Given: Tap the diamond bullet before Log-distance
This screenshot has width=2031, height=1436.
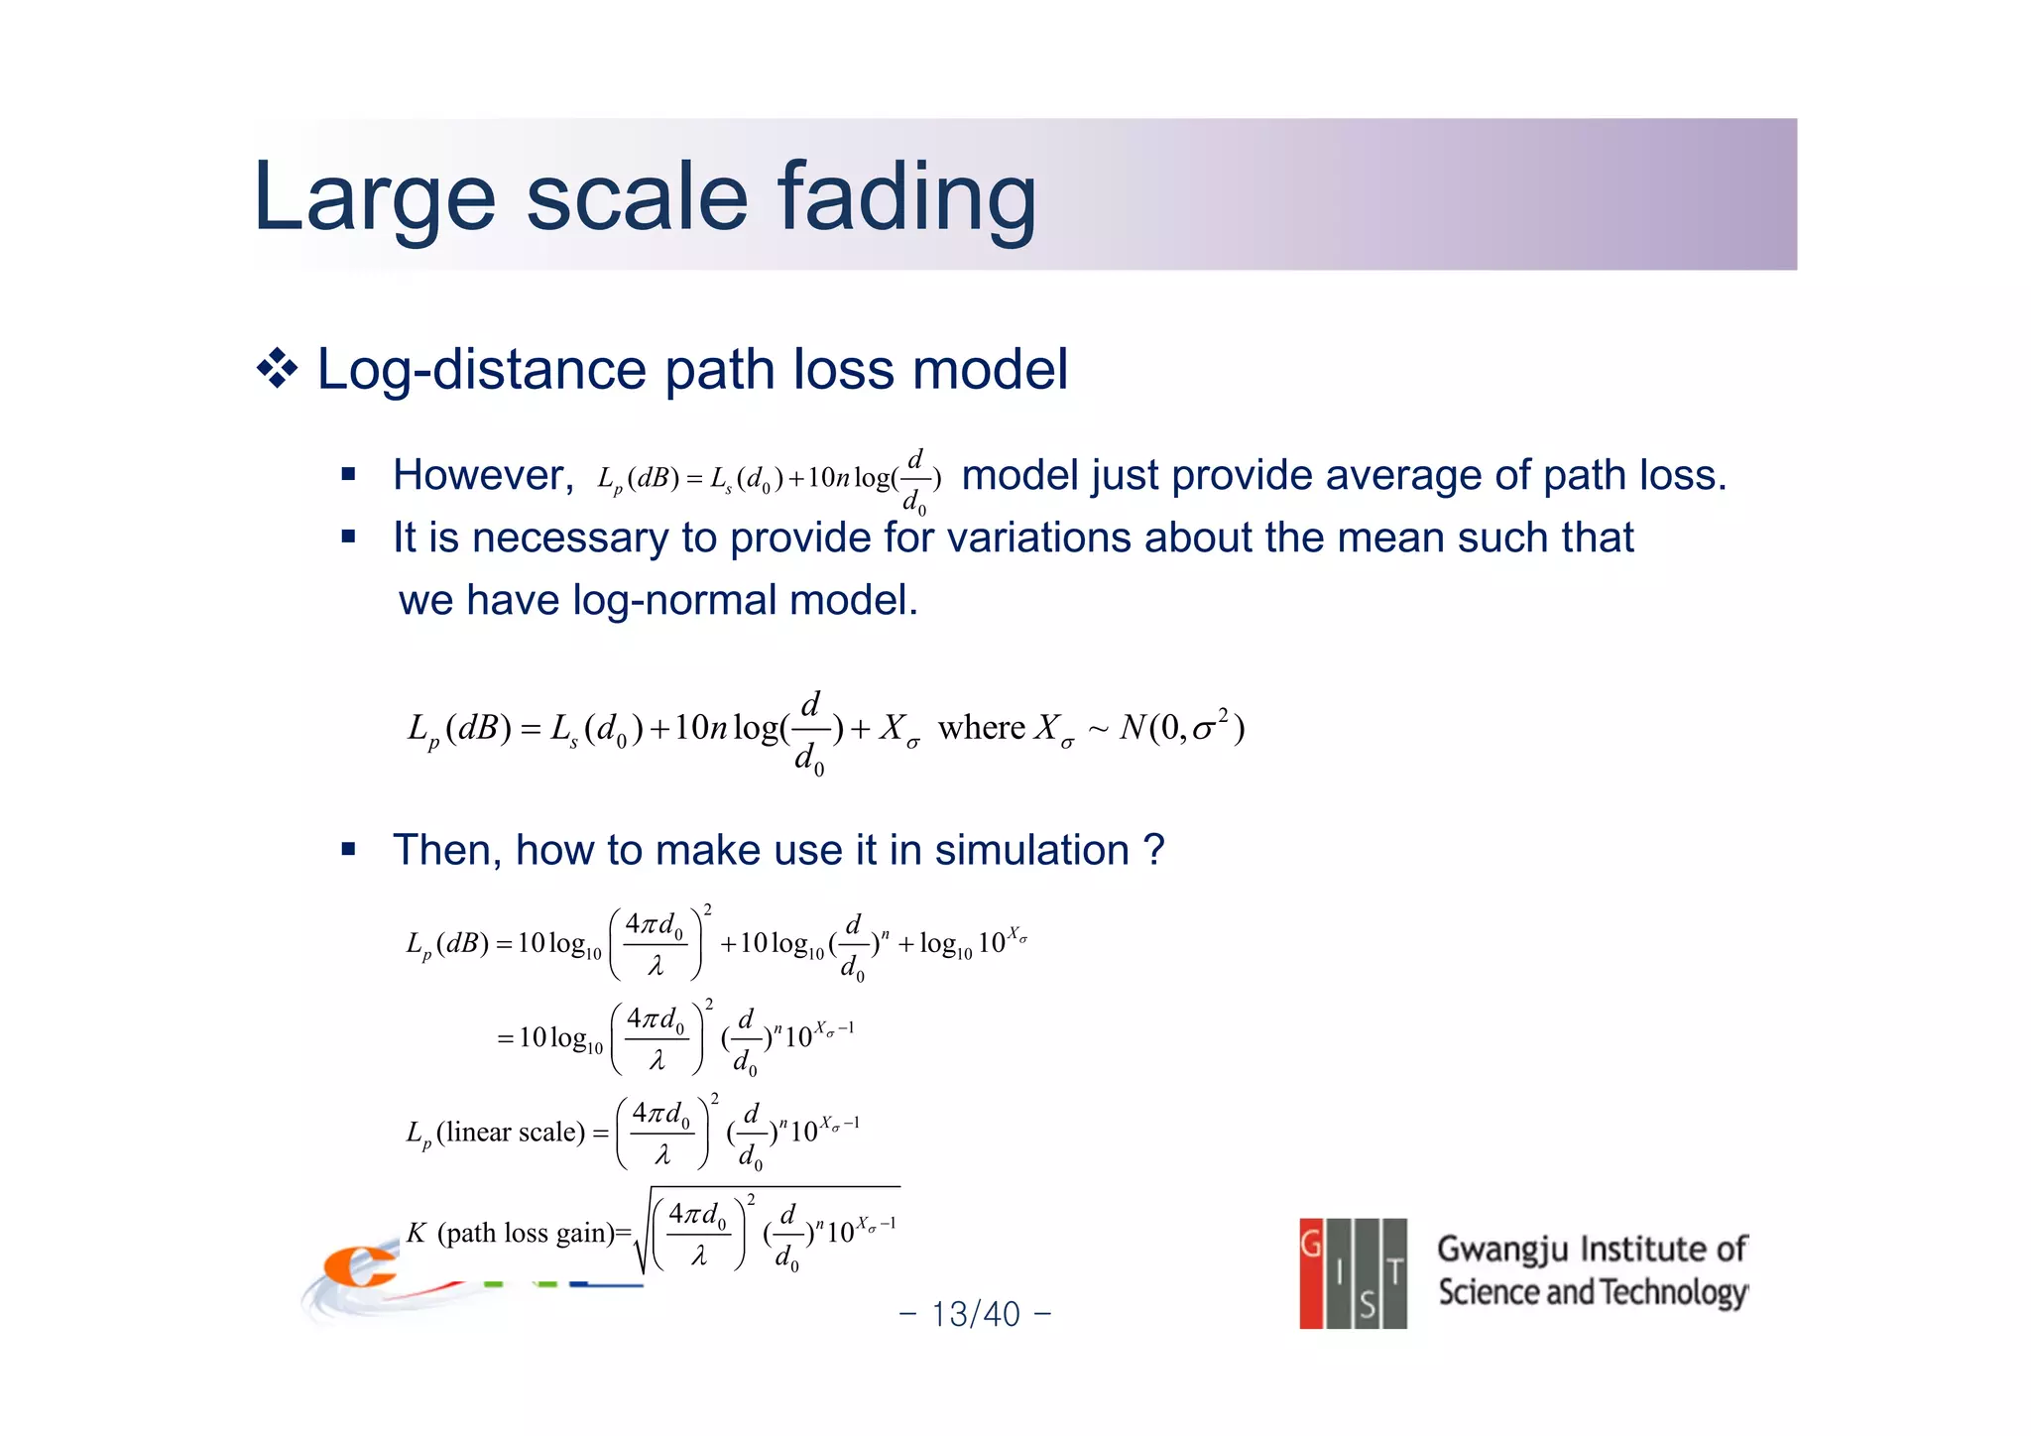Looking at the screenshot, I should click(277, 370).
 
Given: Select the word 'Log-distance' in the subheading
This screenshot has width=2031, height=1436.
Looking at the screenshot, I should click(482, 370).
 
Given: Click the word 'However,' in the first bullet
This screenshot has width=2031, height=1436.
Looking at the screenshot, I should click(483, 475).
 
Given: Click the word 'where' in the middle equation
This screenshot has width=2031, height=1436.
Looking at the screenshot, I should click(981, 728).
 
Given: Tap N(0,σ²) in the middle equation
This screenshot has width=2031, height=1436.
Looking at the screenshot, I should click(1181, 728).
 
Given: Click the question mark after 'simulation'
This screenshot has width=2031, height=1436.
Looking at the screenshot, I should click(1153, 850).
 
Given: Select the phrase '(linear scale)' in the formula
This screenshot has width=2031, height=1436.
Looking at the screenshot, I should click(511, 1132).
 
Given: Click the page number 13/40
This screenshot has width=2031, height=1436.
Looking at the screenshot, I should click(975, 1314).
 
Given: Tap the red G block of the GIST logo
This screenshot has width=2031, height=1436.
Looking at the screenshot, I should click(1311, 1272).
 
